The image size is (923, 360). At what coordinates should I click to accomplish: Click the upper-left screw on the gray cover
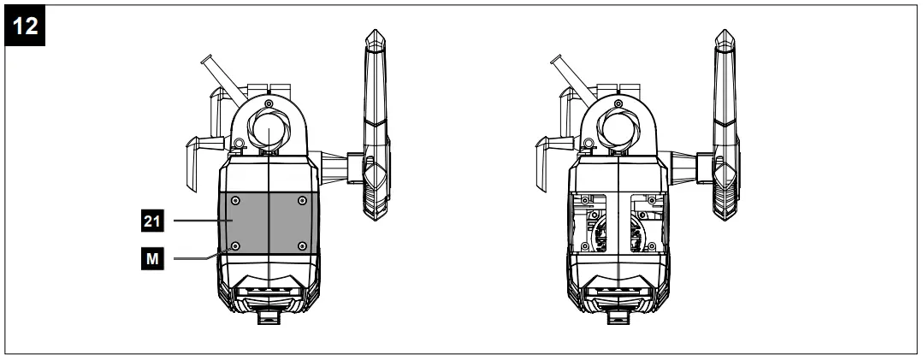point(235,200)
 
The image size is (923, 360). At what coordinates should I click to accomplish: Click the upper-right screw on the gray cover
point(301,200)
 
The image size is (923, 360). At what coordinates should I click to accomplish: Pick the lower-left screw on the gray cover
point(235,246)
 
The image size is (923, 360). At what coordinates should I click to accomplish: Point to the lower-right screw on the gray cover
point(301,246)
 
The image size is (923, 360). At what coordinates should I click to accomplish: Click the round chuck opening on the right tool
point(615,132)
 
